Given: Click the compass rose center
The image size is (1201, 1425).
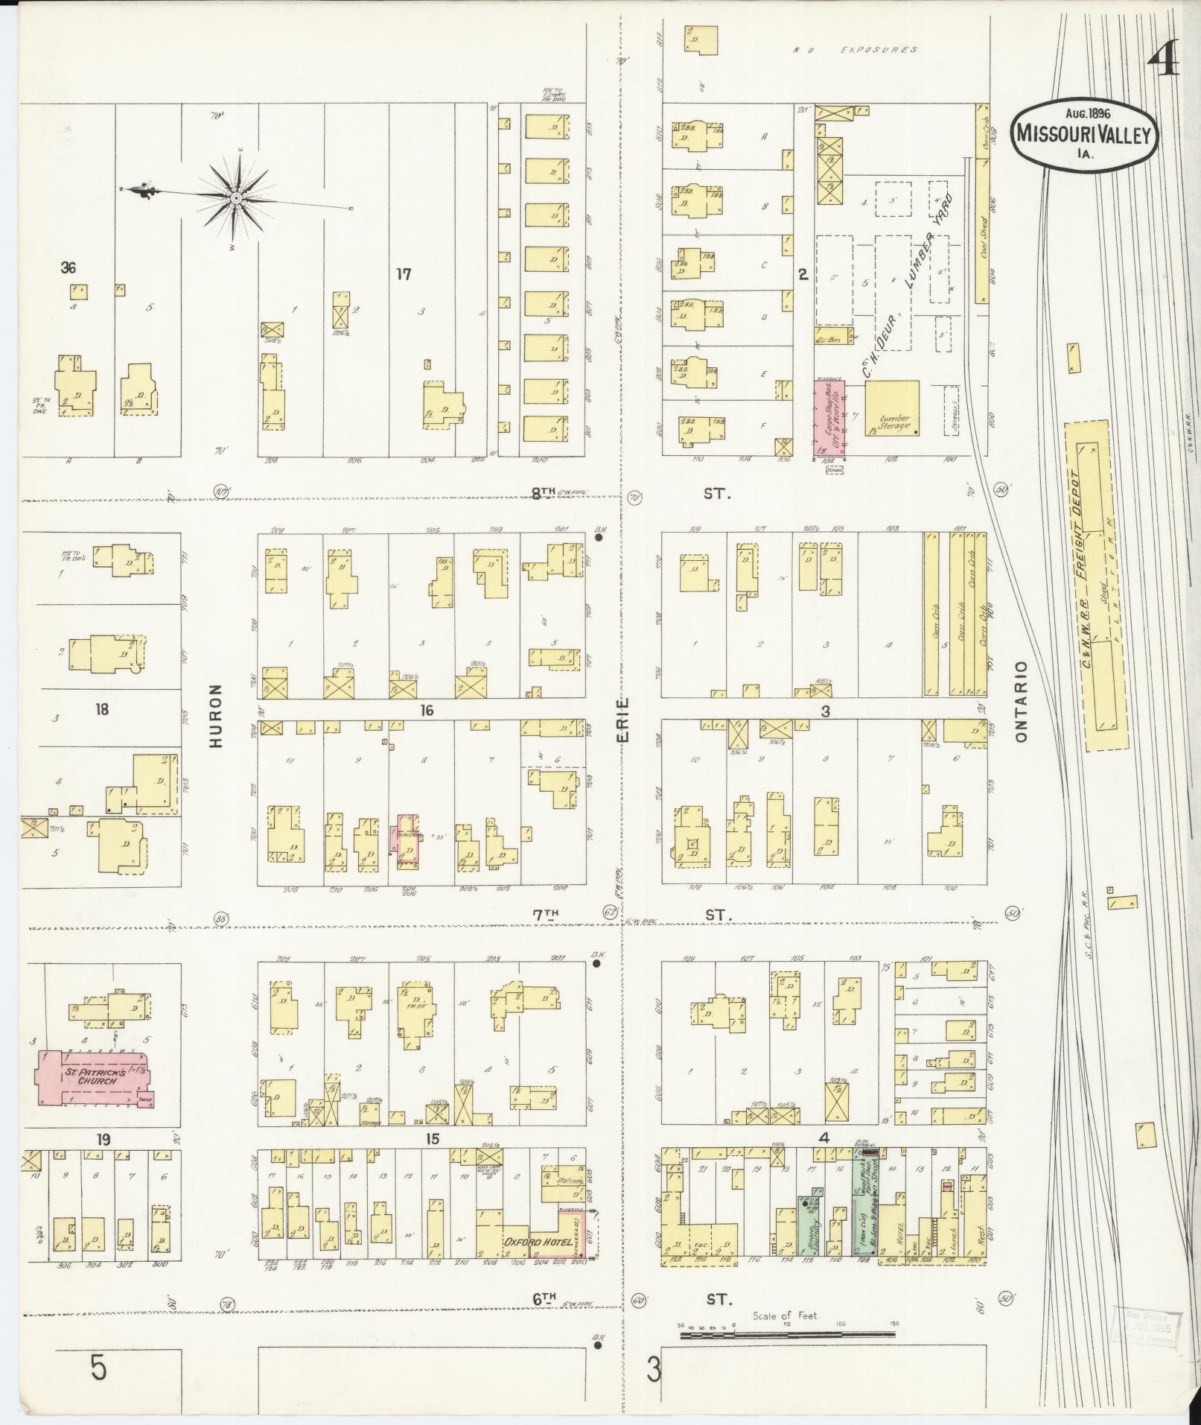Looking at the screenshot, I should coord(236,198).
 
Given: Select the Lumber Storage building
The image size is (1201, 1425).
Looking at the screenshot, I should coord(892,408).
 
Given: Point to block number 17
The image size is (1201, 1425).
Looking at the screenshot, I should coord(404,275).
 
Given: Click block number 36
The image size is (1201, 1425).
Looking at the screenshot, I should coord(69,268).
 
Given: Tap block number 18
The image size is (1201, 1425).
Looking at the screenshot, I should coord(102,709).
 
